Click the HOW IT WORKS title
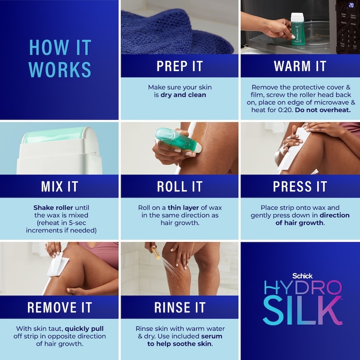tap(60, 58)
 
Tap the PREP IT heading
tap(180, 66)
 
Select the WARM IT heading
tap(300, 66)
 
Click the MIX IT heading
tap(59, 186)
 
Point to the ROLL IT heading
tap(180, 186)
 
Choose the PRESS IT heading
tap(300, 186)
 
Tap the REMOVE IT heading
tap(60, 307)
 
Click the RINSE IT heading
tap(180, 307)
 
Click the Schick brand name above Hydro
tap(302, 276)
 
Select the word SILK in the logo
tap(302, 310)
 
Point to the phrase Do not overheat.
tap(323, 110)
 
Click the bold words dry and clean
tap(183, 95)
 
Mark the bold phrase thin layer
tap(183, 207)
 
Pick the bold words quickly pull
tap(84, 329)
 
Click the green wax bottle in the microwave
tap(297, 29)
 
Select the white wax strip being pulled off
tap(58, 264)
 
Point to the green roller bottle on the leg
tap(177, 139)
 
